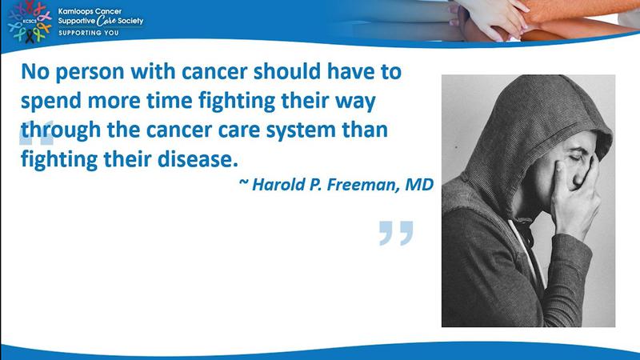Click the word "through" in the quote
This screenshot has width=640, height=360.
61,130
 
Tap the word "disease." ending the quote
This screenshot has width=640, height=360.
198,158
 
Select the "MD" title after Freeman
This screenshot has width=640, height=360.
419,185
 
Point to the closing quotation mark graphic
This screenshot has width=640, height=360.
396,233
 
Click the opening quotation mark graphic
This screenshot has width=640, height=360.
36,133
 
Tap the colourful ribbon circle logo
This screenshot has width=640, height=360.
30,22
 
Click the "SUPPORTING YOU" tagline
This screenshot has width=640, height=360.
89,33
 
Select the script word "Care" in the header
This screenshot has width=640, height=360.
106,21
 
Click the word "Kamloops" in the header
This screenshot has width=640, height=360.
74,11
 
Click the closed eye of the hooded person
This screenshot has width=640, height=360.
576,158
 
